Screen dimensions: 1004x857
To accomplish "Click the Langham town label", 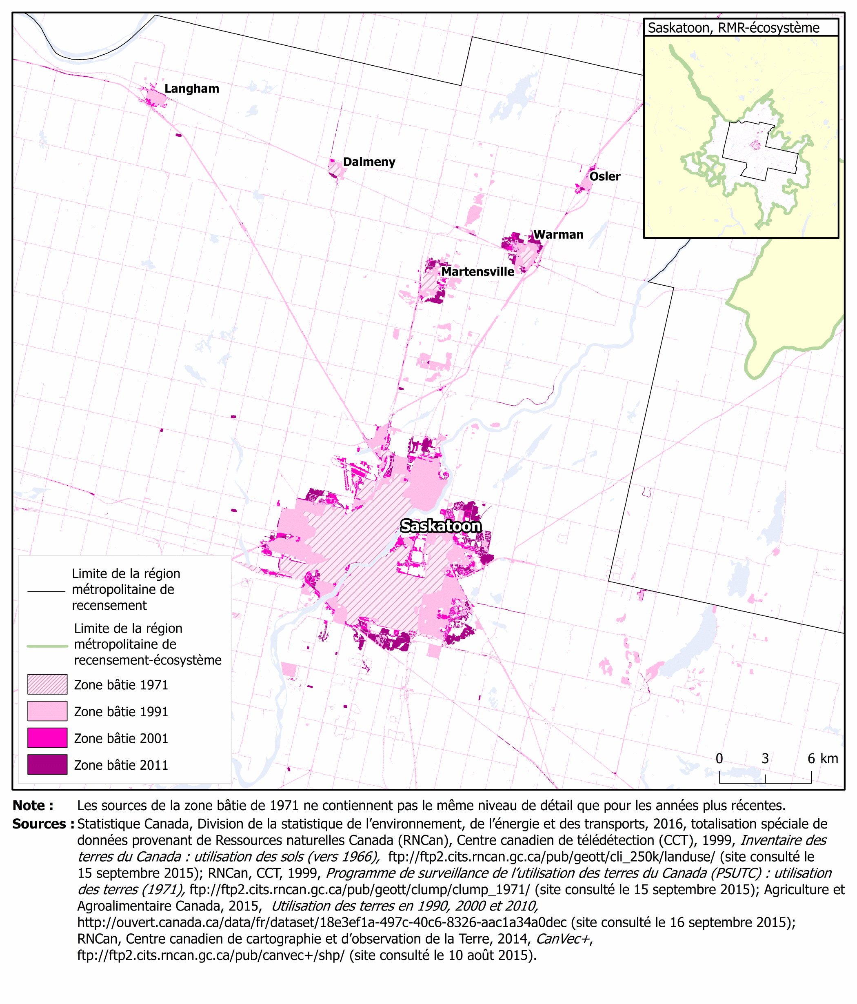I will tap(191, 89).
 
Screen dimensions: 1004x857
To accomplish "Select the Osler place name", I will tap(605, 176).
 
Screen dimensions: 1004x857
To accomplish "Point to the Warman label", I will tap(558, 235).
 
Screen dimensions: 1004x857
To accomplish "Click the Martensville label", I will tap(477, 272).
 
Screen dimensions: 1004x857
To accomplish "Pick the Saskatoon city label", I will tap(441, 526).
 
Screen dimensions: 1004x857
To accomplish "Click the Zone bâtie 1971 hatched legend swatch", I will tap(47, 684).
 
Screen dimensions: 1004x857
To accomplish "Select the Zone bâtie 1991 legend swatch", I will tap(47, 711).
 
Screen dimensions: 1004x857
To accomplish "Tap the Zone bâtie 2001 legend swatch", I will tap(47, 737).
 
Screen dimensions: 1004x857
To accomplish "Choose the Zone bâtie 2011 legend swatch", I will tap(47, 764).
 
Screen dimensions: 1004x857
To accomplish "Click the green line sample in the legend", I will tap(47, 646).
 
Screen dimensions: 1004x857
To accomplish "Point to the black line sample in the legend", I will tap(46, 591).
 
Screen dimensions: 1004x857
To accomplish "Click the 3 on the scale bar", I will tap(765, 758).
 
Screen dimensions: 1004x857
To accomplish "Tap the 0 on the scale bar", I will tap(719, 758).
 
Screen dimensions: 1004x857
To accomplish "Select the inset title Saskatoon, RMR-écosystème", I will tap(733, 28).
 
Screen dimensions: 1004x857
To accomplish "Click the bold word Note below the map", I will tap(33, 805).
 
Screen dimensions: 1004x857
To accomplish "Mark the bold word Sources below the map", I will tap(42, 824).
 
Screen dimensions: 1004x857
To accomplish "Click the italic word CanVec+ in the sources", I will tap(563, 939).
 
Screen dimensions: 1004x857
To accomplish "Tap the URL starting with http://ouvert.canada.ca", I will tap(322, 922).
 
